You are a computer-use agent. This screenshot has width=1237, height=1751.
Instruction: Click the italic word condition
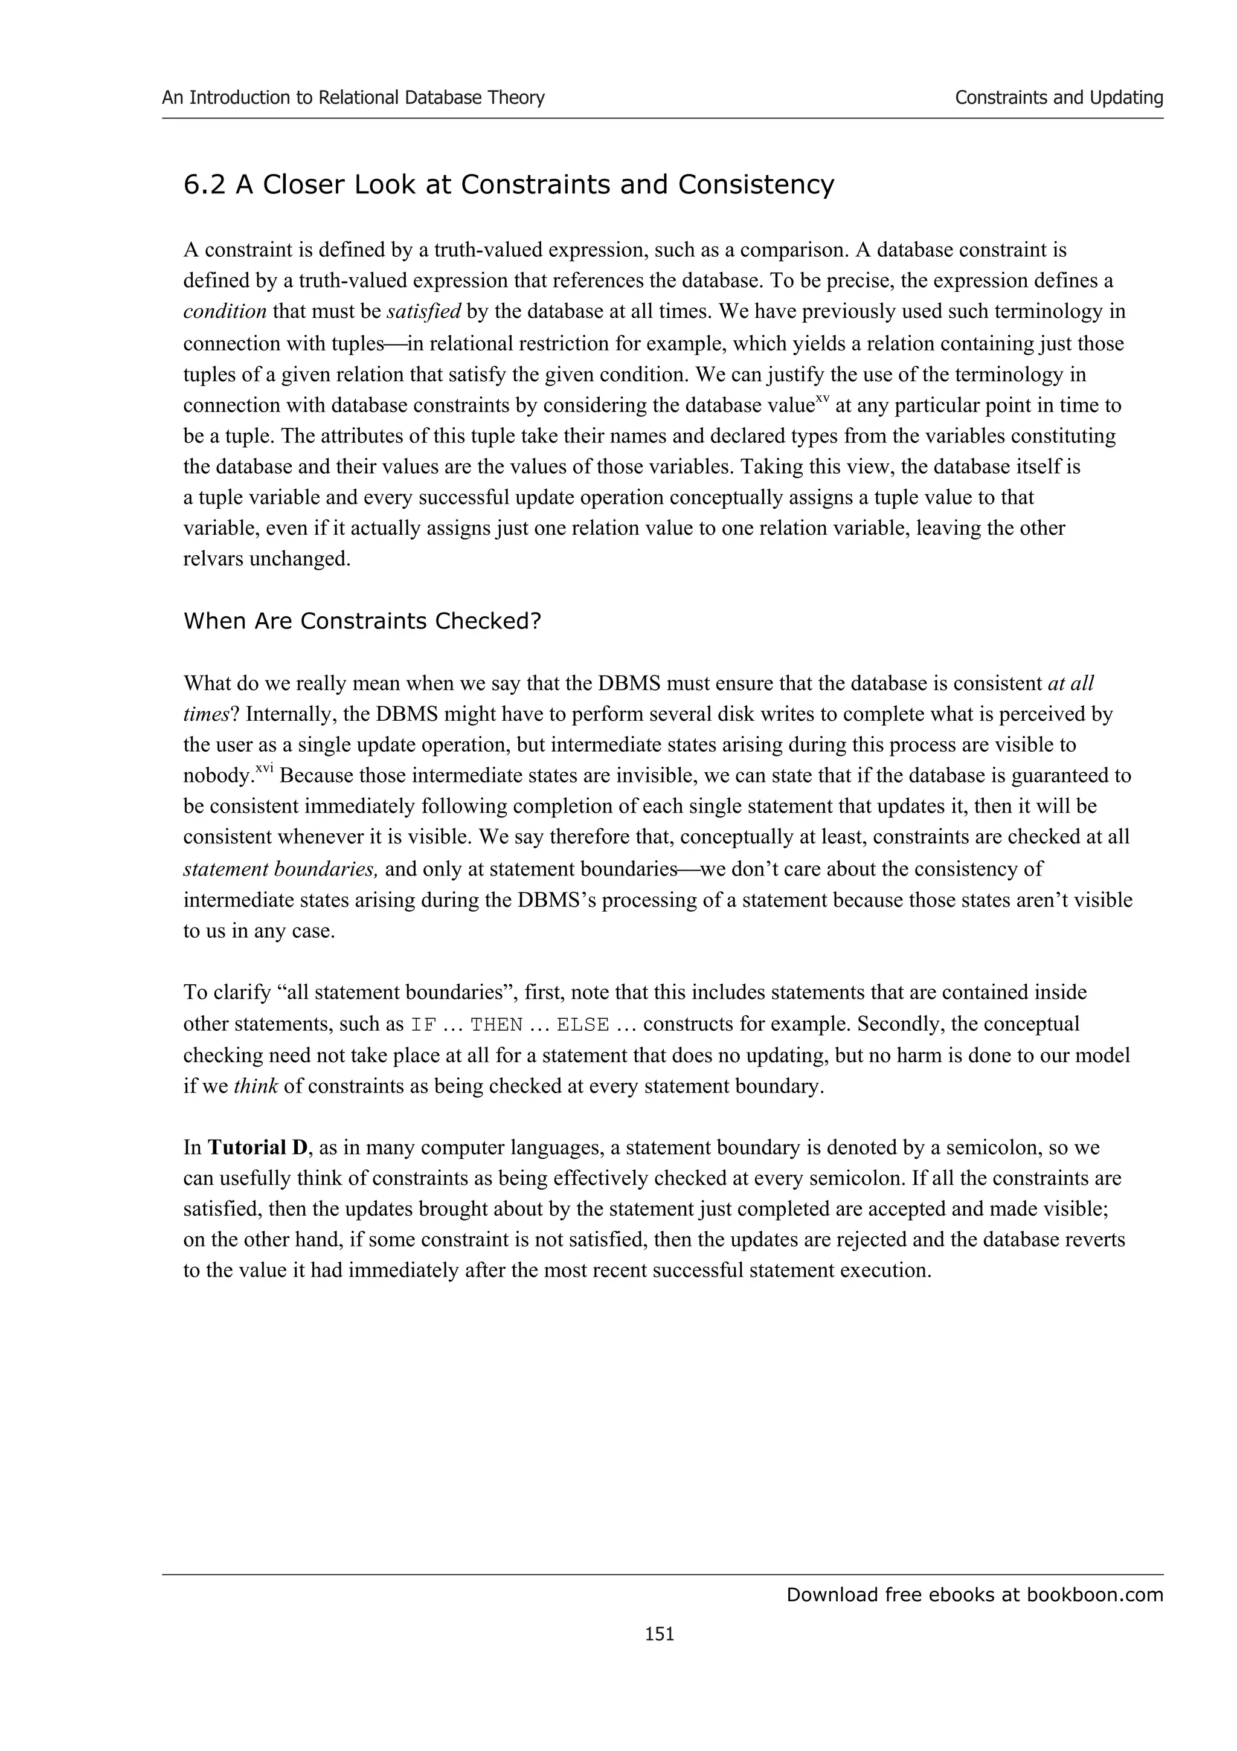pyautogui.click(x=225, y=312)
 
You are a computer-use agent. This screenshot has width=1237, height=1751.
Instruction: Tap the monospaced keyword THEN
pyautogui.click(x=496, y=1025)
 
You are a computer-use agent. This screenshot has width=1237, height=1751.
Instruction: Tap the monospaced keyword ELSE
pyautogui.click(x=583, y=1025)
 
